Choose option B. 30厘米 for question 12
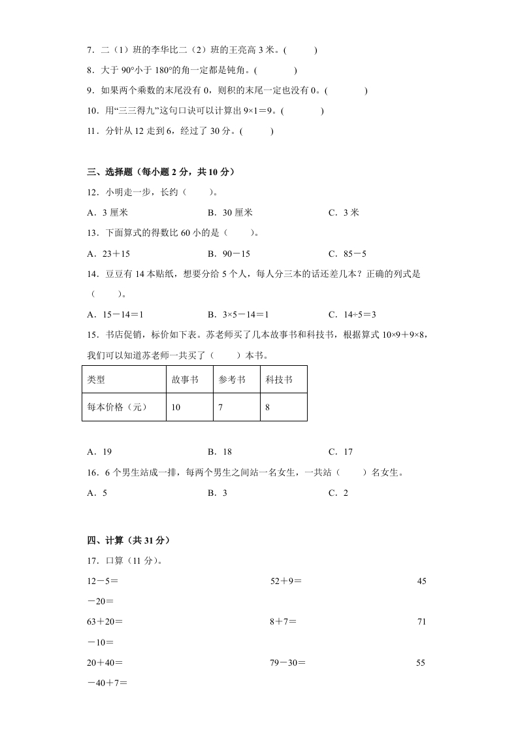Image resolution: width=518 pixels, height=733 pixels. [x=230, y=212]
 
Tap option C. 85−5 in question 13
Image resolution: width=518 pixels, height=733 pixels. [x=347, y=254]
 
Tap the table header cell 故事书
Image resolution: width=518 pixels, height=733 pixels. [x=185, y=380]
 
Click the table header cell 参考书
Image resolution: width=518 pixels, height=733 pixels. [x=232, y=380]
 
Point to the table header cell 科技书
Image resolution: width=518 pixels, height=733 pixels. [x=279, y=380]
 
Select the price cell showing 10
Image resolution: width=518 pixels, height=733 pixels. [x=176, y=407]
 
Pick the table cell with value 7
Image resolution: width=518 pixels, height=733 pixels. [x=221, y=407]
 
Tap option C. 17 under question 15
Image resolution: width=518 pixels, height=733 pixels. [x=340, y=451]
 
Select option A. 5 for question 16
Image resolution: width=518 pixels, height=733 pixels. [x=97, y=493]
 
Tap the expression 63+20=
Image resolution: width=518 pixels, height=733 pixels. [x=105, y=622]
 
